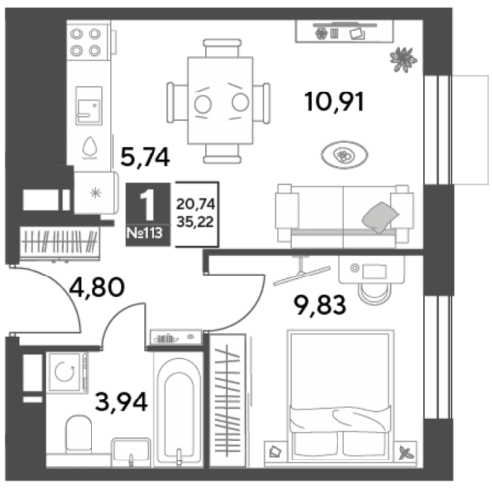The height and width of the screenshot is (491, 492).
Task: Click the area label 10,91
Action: [335, 102]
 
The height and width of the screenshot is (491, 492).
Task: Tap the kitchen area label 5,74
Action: [146, 157]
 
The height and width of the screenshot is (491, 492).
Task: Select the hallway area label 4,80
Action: [97, 287]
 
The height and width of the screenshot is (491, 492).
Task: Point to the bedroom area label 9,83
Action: [320, 305]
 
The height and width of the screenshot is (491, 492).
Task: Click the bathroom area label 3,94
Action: [121, 402]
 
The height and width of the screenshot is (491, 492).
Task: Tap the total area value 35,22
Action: [195, 222]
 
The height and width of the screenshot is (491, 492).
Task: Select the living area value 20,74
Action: [196, 204]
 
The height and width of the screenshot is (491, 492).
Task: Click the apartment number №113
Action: [145, 233]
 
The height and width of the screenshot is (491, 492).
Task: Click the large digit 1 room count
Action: [148, 206]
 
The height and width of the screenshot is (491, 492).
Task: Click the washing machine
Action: [67, 372]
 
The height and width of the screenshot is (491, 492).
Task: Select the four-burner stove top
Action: [86, 42]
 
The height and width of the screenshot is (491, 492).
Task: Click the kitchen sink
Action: [89, 105]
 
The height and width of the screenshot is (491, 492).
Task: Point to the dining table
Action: [219, 100]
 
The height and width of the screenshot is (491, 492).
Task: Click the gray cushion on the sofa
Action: [380, 216]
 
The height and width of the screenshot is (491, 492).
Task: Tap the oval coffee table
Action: [344, 154]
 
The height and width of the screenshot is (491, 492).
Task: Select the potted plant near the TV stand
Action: [403, 59]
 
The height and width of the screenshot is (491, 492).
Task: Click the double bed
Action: [340, 395]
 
